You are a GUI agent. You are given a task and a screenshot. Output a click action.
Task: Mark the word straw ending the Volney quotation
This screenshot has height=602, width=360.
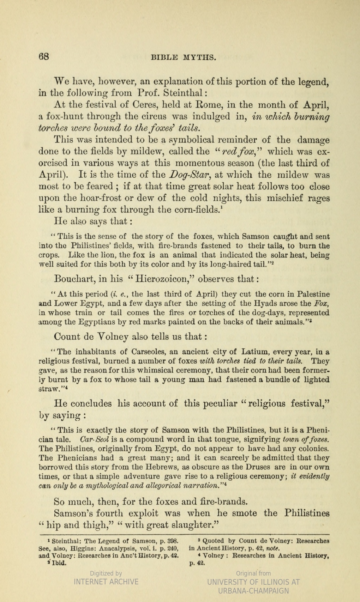[48, 389]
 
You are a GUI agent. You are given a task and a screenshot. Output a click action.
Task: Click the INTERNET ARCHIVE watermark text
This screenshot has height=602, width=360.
[106, 582]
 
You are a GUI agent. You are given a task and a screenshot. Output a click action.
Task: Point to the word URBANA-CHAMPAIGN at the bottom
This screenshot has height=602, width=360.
[253, 591]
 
